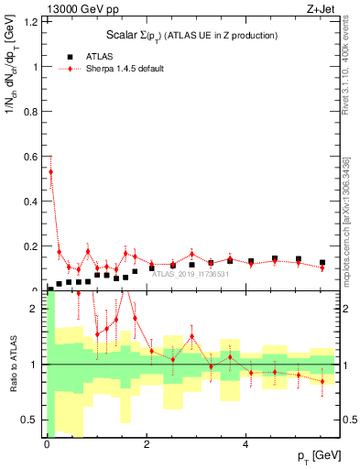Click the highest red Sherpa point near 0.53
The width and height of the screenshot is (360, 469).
(50, 171)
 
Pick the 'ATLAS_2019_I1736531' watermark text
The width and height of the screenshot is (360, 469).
(191, 274)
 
